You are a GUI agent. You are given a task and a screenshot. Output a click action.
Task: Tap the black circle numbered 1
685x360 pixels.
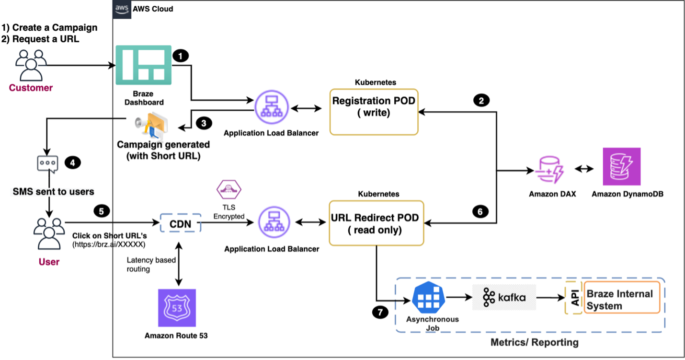click(x=180, y=56)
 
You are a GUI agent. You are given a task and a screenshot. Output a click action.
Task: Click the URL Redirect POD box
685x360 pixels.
click(x=375, y=223)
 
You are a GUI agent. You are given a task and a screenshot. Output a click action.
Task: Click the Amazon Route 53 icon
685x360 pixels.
click(x=176, y=308)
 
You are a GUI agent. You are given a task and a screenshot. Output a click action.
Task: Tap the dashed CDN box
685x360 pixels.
click(x=180, y=223)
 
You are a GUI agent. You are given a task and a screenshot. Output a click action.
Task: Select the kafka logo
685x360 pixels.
click(x=504, y=297)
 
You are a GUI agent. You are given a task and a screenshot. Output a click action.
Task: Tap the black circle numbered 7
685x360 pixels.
click(x=380, y=313)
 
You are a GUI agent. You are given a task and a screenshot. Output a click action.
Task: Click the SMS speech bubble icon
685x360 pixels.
click(x=47, y=164)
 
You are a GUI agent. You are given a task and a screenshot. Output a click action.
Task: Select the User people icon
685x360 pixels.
click(x=49, y=233)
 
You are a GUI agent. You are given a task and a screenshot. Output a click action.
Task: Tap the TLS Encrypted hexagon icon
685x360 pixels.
click(x=229, y=190)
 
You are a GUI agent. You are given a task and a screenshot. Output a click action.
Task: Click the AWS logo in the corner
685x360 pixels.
click(x=121, y=9)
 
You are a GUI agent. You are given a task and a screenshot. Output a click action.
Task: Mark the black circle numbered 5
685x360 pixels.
click(x=101, y=210)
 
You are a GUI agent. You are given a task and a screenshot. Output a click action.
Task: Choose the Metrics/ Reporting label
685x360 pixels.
click(x=534, y=342)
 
